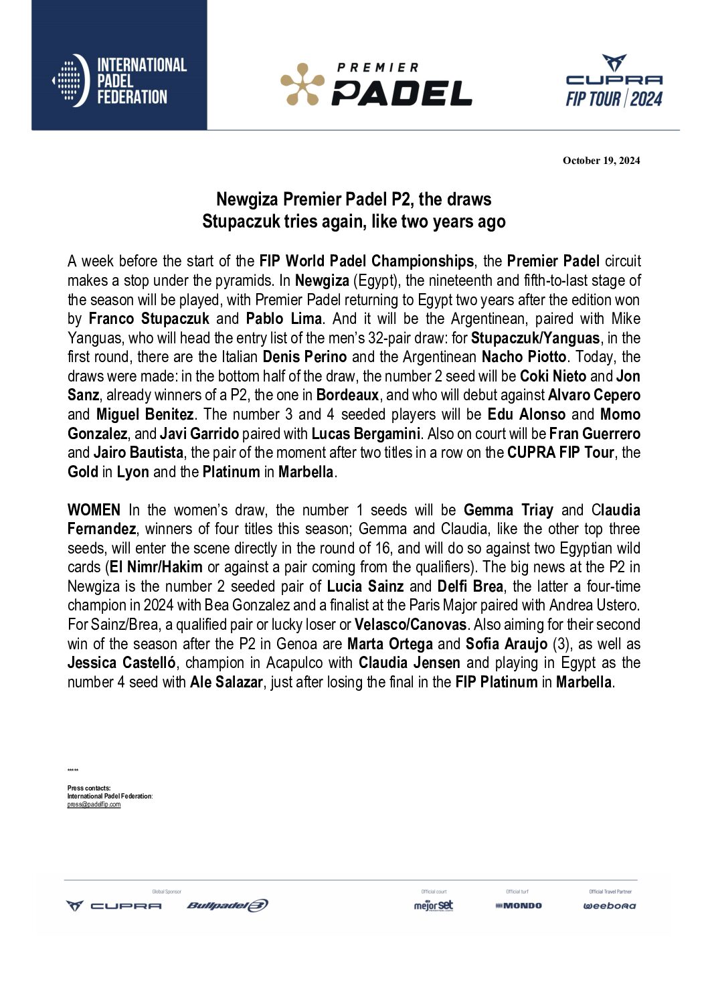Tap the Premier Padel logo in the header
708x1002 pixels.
[376, 84]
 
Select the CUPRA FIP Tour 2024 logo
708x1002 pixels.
[614, 82]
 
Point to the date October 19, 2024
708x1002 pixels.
[601, 161]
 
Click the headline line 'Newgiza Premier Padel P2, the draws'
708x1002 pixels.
[353, 199]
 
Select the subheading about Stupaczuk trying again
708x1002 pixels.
[353, 222]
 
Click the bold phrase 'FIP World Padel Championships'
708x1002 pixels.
[366, 261]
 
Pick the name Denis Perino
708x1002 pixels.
[304, 357]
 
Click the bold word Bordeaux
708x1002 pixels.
[347, 395]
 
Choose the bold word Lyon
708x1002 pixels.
[133, 472]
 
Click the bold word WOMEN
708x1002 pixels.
[94, 511]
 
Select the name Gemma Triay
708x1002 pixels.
[508, 511]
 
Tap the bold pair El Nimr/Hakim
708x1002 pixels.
[156, 568]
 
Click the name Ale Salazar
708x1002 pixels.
[226, 683]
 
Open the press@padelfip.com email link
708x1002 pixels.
[94, 805]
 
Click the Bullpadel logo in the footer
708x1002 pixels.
[228, 906]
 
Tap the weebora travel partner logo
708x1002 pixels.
[609, 906]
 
